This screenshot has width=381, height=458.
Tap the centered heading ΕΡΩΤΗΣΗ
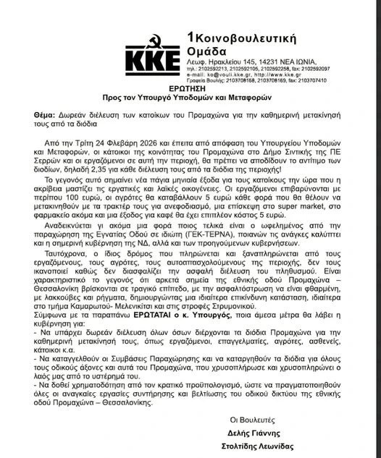coord(190,86)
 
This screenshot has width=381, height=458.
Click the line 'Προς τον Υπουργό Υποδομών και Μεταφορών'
coord(190,97)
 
